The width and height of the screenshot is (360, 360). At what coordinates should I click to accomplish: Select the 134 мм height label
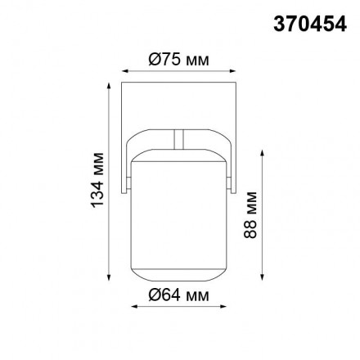pos(99,179)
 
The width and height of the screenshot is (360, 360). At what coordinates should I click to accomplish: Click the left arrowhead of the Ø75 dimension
pos(124,70)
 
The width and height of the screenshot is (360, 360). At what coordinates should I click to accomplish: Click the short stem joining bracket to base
pos(180,139)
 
